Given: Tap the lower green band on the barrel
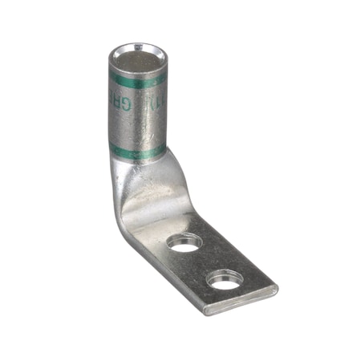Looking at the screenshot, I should pyautogui.click(x=136, y=150).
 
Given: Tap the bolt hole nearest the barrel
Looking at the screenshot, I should pyautogui.click(x=186, y=242).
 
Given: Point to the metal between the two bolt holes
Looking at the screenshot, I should pyautogui.click(x=205, y=262).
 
